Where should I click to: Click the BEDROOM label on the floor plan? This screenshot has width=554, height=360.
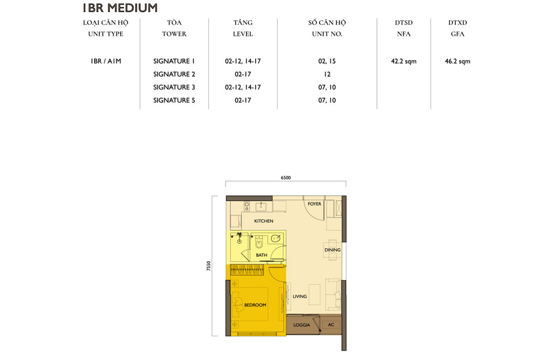[255, 305]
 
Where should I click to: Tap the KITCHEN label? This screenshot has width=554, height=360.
[263, 221]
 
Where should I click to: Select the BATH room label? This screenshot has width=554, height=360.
[261, 254]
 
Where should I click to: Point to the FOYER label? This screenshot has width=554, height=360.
[315, 204]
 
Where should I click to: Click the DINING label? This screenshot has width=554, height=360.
[332, 250]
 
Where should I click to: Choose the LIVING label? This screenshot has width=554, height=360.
[300, 297]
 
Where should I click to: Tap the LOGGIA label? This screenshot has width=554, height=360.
[302, 325]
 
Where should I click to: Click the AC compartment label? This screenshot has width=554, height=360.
[331, 325]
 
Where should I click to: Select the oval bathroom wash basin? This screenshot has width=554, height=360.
[276, 238]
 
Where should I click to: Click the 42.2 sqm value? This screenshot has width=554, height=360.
[403, 61]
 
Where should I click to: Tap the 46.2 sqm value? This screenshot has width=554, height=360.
[458, 61]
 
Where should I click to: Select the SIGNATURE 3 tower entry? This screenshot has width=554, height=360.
[174, 87]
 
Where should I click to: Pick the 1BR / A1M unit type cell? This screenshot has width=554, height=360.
[106, 61]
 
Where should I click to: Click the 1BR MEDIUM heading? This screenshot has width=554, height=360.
[119, 8]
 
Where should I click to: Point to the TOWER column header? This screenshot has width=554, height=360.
[174, 34]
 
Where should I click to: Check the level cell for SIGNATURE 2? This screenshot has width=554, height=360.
[243, 74]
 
